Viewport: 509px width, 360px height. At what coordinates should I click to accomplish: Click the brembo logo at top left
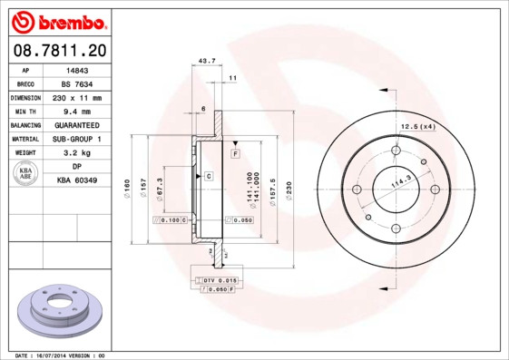57,20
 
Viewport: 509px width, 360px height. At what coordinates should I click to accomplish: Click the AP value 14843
77,69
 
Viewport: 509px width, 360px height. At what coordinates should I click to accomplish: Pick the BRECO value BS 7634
77,83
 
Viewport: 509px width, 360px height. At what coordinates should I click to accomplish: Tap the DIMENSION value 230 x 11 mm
77,97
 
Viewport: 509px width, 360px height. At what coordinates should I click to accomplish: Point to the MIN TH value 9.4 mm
77,111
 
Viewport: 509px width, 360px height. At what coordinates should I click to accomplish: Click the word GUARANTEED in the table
77,125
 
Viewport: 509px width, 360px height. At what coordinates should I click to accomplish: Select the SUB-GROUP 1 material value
77,139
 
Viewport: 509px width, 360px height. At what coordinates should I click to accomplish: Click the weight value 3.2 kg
77,153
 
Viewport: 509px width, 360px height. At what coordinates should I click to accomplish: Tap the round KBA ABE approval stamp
26,173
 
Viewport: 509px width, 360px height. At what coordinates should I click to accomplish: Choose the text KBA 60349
77,181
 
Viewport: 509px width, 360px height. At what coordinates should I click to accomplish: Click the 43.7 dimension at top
206,61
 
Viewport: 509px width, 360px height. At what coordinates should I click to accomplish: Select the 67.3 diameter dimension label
160,187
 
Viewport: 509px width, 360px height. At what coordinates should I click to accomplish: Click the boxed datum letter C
208,175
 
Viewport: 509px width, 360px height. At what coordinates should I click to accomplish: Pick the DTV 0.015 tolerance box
219,281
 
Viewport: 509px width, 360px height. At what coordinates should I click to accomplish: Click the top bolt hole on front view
396,151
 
